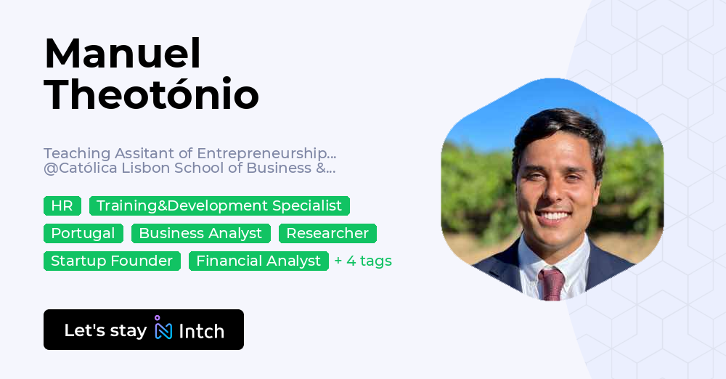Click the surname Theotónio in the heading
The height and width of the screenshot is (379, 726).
(151, 94)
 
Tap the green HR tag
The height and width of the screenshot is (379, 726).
(62, 205)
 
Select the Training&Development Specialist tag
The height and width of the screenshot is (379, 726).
(219, 205)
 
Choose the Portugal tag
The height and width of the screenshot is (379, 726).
(83, 233)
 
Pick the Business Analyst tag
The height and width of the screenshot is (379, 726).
(200, 233)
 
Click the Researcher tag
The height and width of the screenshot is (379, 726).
(327, 233)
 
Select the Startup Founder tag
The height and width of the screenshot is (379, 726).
(112, 261)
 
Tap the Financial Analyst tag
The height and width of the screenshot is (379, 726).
(258, 261)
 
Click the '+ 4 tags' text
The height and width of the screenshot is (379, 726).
(363, 261)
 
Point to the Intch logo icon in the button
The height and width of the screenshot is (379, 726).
(163, 329)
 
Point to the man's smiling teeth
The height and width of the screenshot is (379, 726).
(555, 216)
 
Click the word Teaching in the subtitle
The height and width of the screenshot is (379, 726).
(70, 153)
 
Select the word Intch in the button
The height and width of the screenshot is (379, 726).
(201, 331)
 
